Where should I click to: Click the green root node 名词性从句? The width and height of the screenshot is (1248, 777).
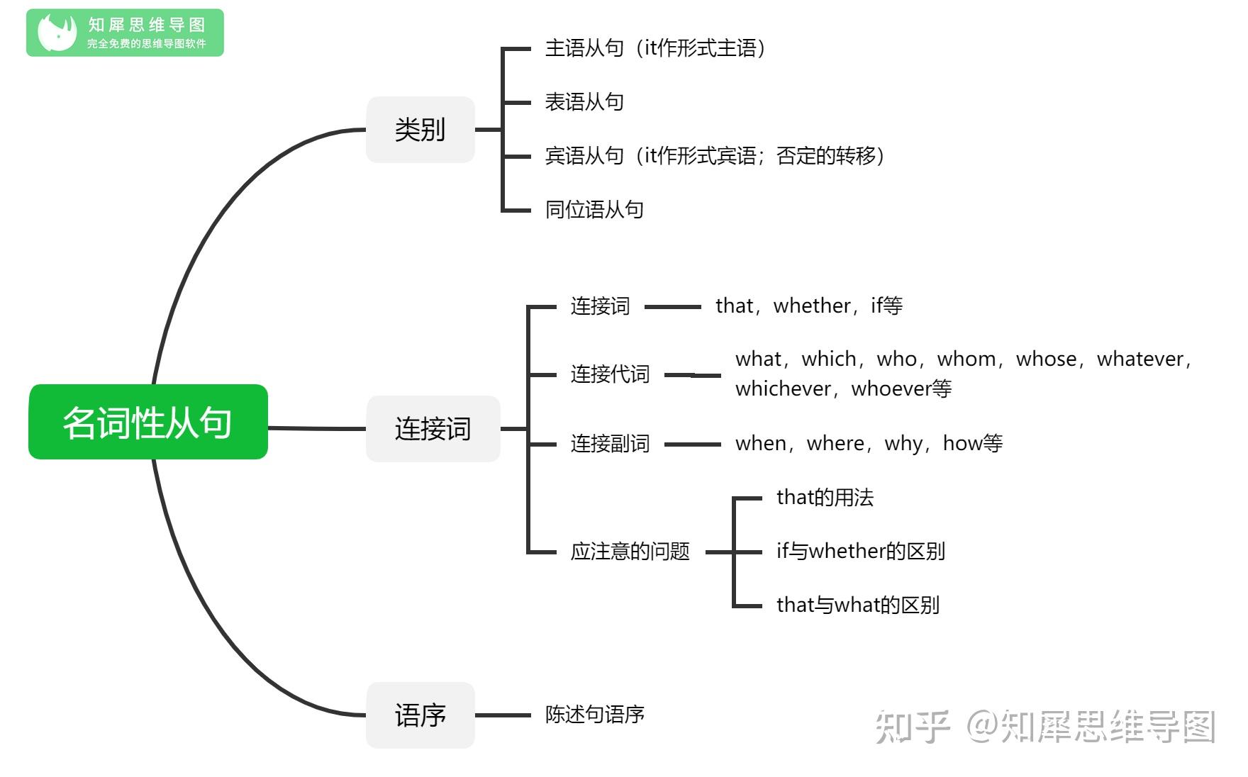[148, 422]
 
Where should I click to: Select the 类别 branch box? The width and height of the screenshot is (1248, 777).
[420, 130]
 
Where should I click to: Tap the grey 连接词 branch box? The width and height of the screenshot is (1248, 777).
[433, 429]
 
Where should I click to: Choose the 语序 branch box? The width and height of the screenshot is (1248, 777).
[420, 715]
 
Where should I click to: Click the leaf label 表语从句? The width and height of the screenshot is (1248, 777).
[584, 102]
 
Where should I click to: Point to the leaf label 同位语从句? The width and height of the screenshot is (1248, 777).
[594, 210]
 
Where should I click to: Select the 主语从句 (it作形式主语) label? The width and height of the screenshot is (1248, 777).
[656, 48]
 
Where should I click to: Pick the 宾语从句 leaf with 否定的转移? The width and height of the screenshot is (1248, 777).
[715, 156]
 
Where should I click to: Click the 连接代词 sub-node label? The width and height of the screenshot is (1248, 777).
[610, 374]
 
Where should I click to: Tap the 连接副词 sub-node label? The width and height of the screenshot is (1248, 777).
[610, 444]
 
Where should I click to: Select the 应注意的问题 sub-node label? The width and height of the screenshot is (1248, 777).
[630, 552]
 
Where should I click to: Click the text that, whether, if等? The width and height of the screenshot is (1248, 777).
[809, 306]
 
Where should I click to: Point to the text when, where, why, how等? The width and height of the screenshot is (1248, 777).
[869, 443]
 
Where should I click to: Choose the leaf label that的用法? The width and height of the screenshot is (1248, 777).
[825, 498]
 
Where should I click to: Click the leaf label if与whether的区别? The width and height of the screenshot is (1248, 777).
[860, 552]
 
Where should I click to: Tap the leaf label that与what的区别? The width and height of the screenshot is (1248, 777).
[857, 605]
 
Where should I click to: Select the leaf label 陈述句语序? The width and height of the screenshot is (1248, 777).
[594, 715]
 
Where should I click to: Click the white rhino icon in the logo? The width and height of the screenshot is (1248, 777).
[57, 33]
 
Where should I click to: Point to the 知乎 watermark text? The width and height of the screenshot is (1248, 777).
[912, 727]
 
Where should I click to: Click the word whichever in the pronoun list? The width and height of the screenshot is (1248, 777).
[783, 388]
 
